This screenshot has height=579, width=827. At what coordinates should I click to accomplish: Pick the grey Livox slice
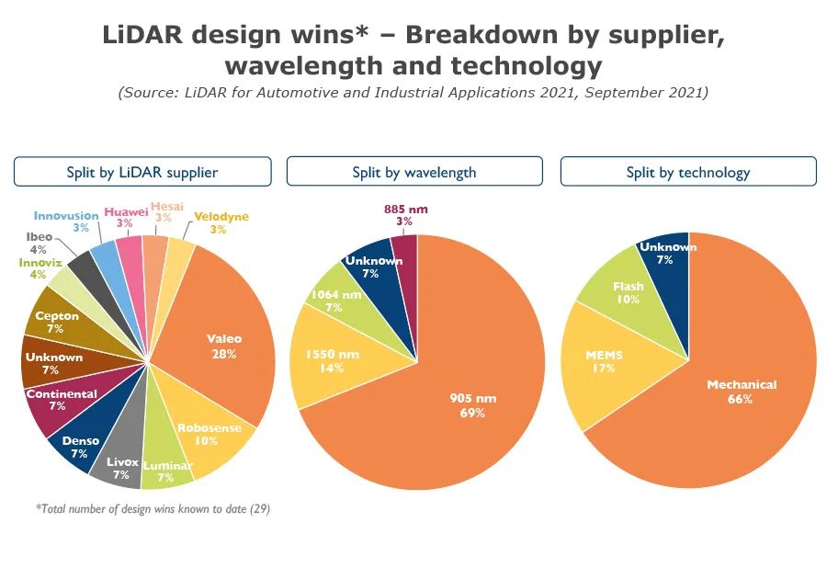[x=119, y=468]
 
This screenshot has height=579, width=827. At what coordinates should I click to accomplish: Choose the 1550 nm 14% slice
[x=331, y=360]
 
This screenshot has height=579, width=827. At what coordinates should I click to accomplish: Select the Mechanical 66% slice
[x=741, y=391]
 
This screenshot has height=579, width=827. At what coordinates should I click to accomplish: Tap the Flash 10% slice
[x=628, y=291]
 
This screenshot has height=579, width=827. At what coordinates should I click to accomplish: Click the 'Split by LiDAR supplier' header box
[x=142, y=172]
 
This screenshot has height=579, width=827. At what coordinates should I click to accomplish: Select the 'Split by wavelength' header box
[x=414, y=172]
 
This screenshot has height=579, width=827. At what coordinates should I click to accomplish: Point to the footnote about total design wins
[x=153, y=508]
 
